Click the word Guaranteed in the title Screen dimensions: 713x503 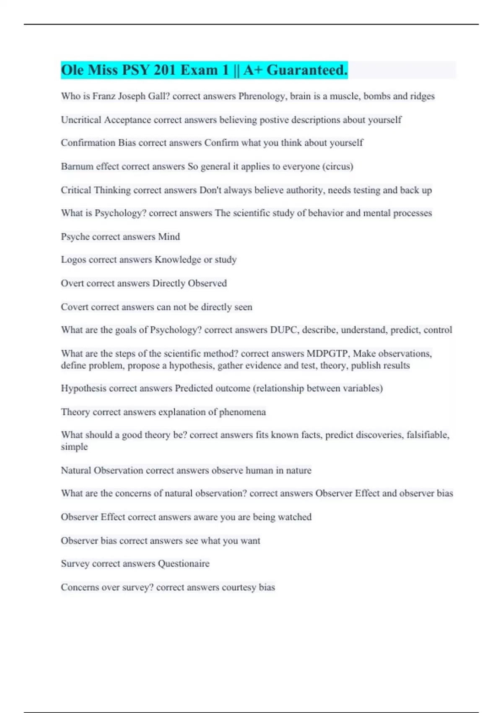tap(307, 70)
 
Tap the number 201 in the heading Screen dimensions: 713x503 tap(164, 70)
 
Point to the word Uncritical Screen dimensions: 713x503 tap(81, 120)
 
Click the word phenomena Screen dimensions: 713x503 tap(242, 412)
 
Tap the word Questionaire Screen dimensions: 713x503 tap(184, 564)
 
